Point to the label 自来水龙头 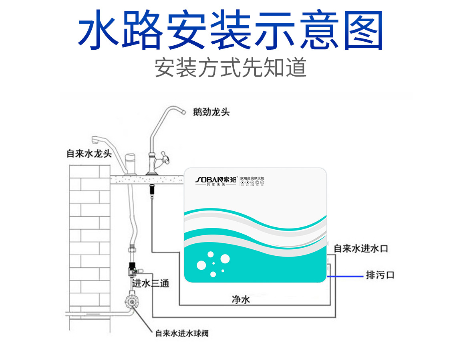click(x=89, y=154)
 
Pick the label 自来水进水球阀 click(x=182, y=333)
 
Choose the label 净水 click(x=241, y=299)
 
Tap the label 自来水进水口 click(x=361, y=249)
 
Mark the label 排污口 click(x=380, y=275)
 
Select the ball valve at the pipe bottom click(x=131, y=301)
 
